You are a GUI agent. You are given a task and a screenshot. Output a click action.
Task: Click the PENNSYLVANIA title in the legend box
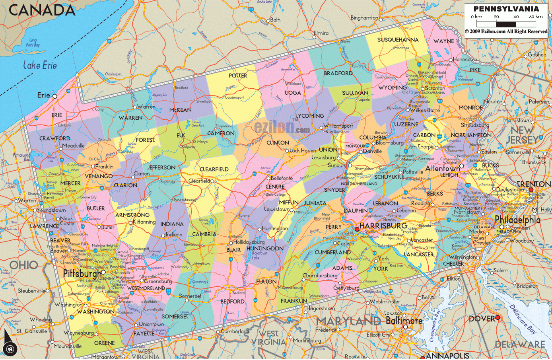coord(506,8)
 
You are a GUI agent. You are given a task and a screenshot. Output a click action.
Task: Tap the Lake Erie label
coord(40,65)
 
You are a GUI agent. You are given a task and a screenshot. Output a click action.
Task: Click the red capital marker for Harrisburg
coord(357,229)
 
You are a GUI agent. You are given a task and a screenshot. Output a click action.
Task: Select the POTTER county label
coord(238,75)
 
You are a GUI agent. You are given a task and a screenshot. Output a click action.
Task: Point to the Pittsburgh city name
coord(82,274)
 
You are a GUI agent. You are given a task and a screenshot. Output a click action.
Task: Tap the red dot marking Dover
coord(498,317)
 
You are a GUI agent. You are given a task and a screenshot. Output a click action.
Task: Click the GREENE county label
coord(104,343)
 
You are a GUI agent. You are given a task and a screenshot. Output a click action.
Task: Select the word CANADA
coord(42,10)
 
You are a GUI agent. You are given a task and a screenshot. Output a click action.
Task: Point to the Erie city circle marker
coord(55,96)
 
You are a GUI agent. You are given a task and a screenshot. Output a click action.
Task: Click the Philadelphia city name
coord(517,220)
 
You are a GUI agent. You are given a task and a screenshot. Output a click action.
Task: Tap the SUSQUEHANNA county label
coord(398,40)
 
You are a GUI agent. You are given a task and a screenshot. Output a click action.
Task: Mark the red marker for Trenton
coord(531,190)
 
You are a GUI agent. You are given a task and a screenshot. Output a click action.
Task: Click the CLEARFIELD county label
coord(214,169)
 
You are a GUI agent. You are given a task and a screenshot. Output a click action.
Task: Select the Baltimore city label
coord(404,321)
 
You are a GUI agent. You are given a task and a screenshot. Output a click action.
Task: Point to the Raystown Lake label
coord(260,255)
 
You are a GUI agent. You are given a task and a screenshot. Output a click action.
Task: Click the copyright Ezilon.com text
coord(506,31)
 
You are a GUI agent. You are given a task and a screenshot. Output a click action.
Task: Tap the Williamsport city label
coord(338,126)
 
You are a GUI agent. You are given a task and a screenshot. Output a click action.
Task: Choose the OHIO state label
coord(24,265)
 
